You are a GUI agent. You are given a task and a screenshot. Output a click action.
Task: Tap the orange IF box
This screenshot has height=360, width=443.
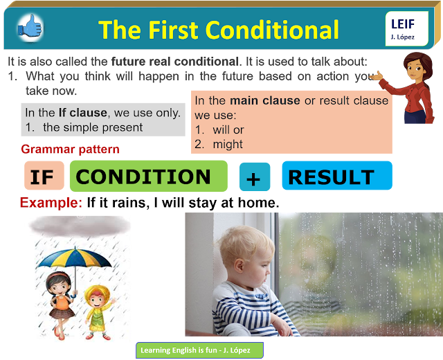(x=43, y=176)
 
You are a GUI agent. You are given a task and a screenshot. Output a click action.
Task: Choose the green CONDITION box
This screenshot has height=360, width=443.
(x=147, y=176)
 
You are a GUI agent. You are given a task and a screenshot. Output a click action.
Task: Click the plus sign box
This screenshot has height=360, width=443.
(x=254, y=177)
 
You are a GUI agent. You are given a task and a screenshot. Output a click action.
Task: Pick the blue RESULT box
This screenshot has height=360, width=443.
(x=336, y=176)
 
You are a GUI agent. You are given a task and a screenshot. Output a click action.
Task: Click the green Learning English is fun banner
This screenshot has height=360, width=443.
(x=199, y=350)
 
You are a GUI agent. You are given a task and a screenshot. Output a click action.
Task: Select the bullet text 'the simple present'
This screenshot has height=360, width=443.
(x=93, y=127)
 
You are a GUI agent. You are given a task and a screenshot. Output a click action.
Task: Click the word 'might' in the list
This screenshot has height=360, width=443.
(x=228, y=144)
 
